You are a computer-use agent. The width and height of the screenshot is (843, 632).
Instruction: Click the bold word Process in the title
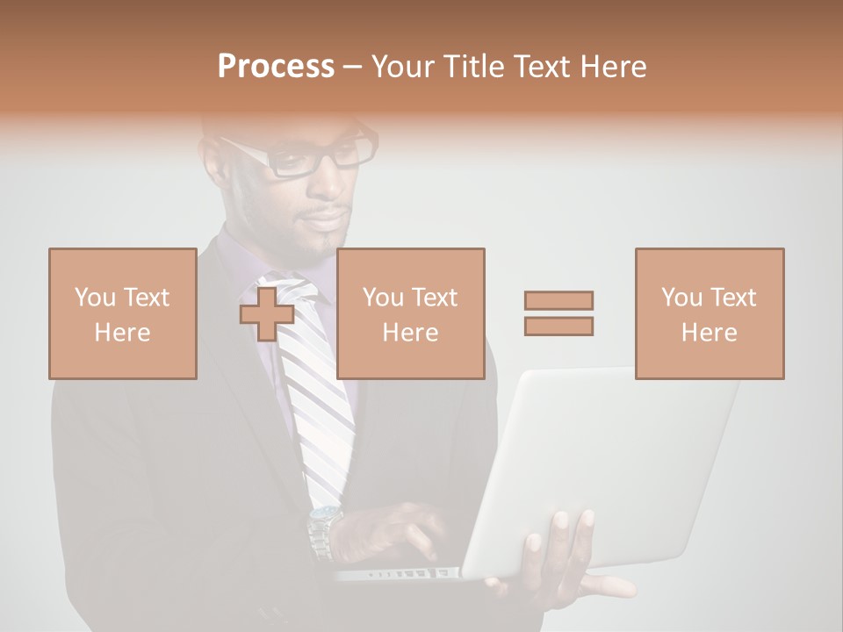[x=276, y=67]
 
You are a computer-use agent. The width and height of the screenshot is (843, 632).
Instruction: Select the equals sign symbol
[x=558, y=313]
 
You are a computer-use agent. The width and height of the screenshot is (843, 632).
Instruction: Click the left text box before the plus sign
[x=122, y=313]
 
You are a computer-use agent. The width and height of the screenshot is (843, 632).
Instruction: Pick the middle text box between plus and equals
[x=410, y=313]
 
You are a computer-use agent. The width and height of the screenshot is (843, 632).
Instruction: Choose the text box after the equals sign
[x=709, y=313]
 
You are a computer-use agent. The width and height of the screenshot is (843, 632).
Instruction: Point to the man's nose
[x=338, y=189]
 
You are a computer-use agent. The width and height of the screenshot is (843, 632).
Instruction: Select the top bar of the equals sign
[x=558, y=300]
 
